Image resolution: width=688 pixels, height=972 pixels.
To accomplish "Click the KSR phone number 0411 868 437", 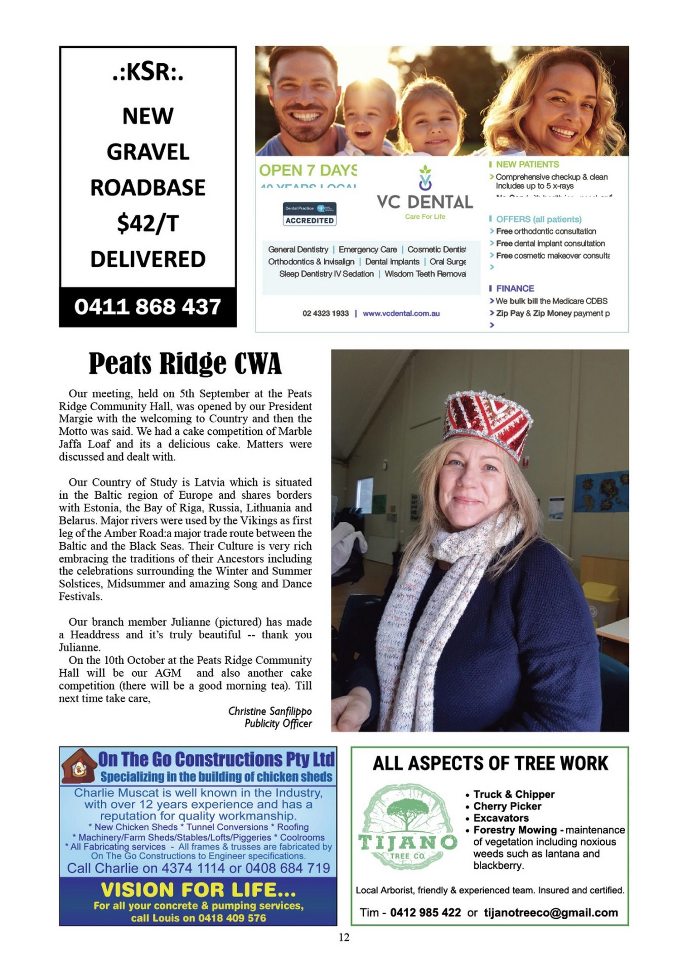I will point(147,307).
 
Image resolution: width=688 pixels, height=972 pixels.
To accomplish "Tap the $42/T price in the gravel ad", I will point(147,223).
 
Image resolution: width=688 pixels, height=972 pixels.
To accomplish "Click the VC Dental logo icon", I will point(425,178).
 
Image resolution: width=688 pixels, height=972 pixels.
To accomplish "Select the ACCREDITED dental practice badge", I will point(310,214).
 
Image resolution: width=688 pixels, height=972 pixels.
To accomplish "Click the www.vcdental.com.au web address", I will point(401,313).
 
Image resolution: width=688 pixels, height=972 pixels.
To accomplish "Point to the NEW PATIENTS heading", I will point(527,165).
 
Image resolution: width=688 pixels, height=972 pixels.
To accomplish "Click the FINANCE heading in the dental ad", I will point(515,289).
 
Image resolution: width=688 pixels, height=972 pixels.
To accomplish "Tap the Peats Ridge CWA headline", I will point(185,364).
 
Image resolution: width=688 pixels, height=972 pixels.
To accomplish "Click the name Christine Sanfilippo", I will point(270,711).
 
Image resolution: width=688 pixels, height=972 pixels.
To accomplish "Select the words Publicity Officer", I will point(278,724).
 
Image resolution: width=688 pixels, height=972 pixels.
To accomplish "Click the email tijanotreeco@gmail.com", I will point(551,913).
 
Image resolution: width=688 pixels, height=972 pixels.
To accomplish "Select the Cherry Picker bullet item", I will point(507,806).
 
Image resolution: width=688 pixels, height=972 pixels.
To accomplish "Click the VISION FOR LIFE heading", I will point(198,889).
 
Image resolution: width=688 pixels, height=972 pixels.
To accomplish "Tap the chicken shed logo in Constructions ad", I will point(79,766).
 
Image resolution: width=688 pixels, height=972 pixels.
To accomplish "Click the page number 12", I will point(344,938).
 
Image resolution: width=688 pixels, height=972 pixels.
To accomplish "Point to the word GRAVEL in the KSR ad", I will point(147,152).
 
